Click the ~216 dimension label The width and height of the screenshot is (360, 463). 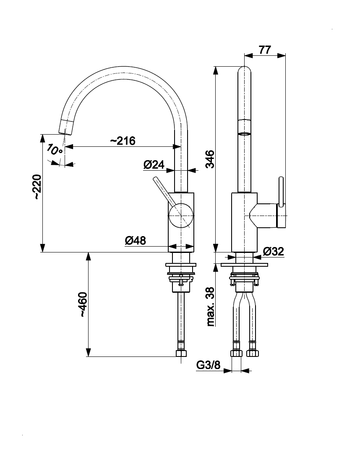(123, 140)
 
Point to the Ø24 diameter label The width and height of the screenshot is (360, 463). (154, 165)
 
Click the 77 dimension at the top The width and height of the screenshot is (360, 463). (264, 49)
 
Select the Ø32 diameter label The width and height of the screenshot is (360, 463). (274, 252)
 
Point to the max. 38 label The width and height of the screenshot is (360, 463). (211, 307)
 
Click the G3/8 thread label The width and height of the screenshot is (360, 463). (209, 365)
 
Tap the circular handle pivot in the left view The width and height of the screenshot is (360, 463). (181, 215)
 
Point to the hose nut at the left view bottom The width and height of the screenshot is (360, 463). (181, 350)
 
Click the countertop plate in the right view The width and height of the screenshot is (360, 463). (245, 265)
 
